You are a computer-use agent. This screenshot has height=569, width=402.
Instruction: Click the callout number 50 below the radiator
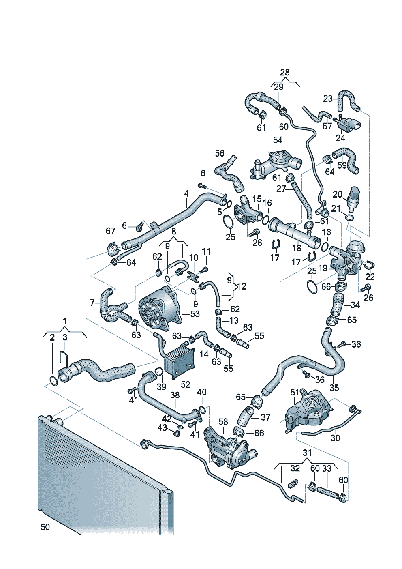click(x=45, y=527)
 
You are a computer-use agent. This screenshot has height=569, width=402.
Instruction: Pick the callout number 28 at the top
click(x=285, y=73)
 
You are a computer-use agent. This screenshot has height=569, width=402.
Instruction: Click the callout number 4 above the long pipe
click(x=186, y=194)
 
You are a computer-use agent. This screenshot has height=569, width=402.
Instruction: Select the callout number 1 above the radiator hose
click(x=64, y=321)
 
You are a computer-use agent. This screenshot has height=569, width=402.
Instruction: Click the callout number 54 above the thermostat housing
click(x=277, y=140)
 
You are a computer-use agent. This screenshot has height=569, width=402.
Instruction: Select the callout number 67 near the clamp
click(x=111, y=231)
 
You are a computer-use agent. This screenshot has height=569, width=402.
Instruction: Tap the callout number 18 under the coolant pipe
click(x=297, y=248)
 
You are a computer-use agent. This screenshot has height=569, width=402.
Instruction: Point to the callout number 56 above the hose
click(x=219, y=153)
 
